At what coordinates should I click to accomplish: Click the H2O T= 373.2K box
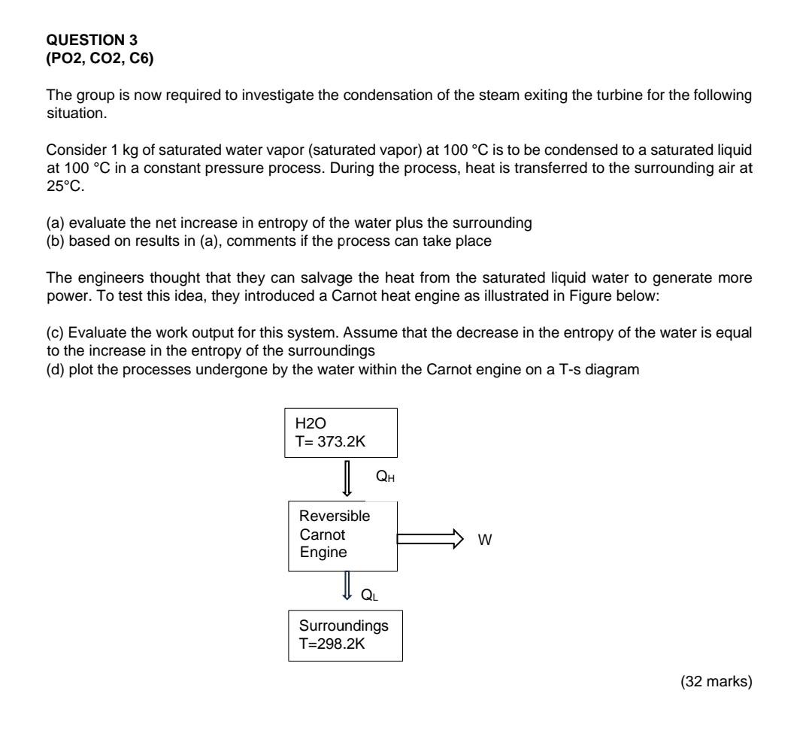coord(340,432)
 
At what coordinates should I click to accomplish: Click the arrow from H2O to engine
coord(347,479)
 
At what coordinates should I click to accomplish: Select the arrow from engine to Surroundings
coord(347,584)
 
